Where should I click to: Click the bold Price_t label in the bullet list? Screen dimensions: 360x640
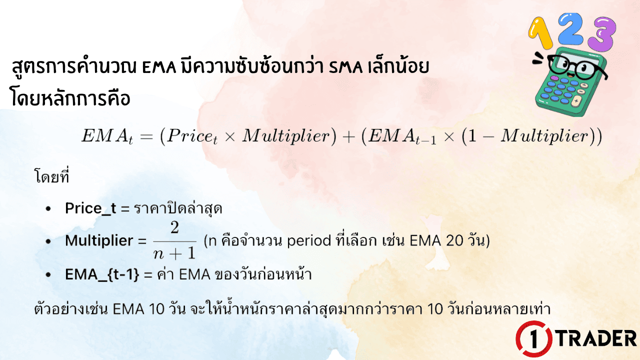[90, 208]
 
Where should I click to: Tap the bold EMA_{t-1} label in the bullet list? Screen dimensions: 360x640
[102, 274]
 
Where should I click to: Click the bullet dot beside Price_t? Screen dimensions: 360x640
[48, 209]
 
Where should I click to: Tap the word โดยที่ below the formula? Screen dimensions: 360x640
[51, 177]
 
